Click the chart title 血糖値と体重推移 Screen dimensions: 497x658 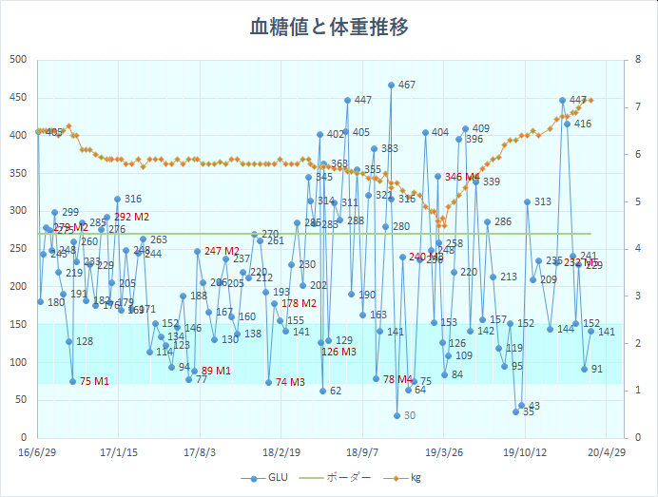point(329,26)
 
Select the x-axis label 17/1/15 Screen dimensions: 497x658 point(118,453)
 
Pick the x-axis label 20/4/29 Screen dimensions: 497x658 point(605,453)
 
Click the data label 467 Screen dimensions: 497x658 point(406,85)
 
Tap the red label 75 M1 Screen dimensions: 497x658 point(93,381)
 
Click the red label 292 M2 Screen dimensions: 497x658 point(132,217)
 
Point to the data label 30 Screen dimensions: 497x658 point(409,415)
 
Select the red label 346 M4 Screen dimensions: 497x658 point(462,177)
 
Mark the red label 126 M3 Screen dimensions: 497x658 point(339,352)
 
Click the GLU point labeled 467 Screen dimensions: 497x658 point(391,85)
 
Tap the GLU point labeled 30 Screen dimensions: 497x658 point(397,415)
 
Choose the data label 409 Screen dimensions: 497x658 point(480,128)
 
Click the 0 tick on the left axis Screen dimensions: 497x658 point(22,438)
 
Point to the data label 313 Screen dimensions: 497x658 point(542,201)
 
